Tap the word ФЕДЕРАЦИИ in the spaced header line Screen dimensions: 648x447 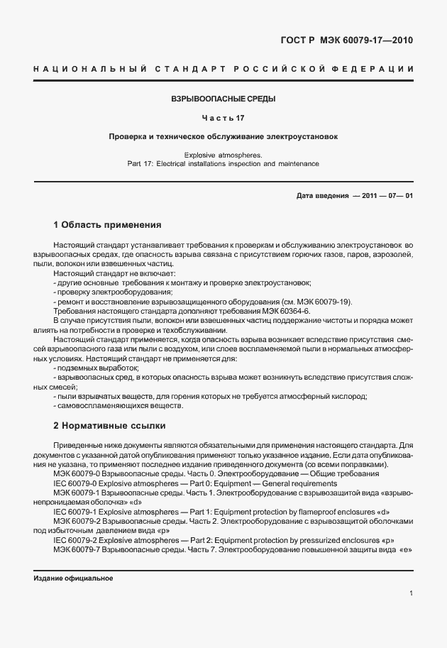pos(377,69)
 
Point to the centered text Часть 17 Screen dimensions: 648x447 pos(223,117)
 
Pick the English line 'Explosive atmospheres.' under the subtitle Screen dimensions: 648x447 pos(223,154)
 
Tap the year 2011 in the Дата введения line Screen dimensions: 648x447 pos(368,195)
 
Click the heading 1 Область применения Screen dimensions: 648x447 pos(107,225)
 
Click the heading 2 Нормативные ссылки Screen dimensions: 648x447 pos(109,426)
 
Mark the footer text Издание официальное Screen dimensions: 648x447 pos(74,578)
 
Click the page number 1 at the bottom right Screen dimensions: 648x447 pos(411,593)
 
